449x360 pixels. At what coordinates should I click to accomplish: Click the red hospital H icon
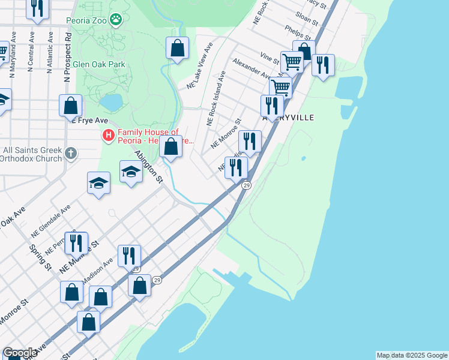tap(109, 136)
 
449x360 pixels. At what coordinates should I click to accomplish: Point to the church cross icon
tap(71, 154)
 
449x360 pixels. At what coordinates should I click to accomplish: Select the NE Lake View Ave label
tap(200, 66)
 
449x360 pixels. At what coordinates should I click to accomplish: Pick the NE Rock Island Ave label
tap(215, 98)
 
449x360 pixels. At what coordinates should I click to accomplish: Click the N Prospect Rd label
tap(68, 57)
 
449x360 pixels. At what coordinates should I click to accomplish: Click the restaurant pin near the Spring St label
tap(76, 243)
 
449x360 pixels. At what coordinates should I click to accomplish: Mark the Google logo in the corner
tap(20, 353)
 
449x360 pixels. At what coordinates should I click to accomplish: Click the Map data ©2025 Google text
tap(412, 355)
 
